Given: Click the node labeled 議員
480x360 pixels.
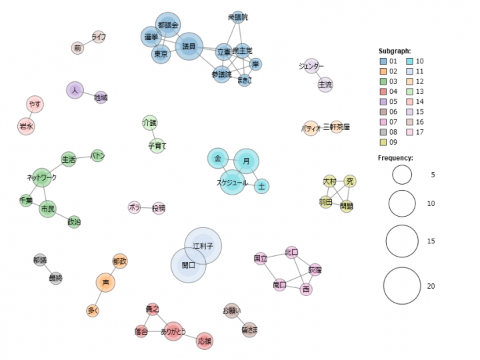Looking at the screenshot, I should pos(189,47).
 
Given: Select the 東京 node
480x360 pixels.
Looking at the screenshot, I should pos(161,55).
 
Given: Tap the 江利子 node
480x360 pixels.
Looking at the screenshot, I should pos(203,245).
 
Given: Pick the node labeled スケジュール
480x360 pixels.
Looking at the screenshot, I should pos(232,182).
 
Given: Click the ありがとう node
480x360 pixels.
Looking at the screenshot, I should pos(173,331).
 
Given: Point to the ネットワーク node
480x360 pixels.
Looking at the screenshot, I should pos(41,177).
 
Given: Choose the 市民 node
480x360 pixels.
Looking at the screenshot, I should pos(47,209).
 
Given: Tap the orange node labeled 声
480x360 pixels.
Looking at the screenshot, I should pos(105,283).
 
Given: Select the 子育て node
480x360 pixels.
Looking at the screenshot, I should pos(157,145).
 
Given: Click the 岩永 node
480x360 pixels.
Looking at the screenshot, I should pos(26,125).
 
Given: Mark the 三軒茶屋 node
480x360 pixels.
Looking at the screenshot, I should pos(337,127).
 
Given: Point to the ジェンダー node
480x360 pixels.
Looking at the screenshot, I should pos(311,67).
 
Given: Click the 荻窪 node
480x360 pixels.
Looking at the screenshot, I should pos(315,270).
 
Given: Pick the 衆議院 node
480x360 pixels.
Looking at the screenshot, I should pos(238,17).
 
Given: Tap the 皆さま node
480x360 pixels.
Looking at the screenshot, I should pos(249,329).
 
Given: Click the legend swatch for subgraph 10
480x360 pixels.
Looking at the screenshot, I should pos(411,61).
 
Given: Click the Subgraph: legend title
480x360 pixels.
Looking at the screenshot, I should pos(395,51).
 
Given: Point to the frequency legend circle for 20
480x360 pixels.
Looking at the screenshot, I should pos(402,285).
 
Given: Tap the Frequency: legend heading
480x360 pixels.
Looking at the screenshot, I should pos(395,158).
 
